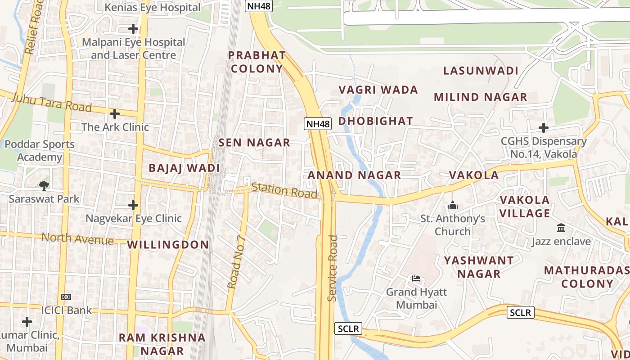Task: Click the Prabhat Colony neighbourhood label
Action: [x=256, y=62]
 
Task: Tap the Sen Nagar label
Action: [x=254, y=143]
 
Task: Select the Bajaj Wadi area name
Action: [x=184, y=168]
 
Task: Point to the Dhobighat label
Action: [x=375, y=121]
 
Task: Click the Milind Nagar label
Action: [x=480, y=97]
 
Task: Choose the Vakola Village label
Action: [x=525, y=207]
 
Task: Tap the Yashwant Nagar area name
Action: [x=479, y=267]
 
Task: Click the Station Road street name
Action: [x=284, y=190]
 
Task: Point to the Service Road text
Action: [x=333, y=268]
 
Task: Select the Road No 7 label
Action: [x=236, y=262]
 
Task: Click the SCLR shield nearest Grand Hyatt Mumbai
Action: [x=348, y=329]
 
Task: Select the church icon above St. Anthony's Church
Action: [x=453, y=206]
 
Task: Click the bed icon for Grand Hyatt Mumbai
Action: [x=416, y=279]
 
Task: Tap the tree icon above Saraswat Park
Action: [x=44, y=185]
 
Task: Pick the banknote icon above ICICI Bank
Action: [x=66, y=297]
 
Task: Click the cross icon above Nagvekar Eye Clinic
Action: [x=133, y=205]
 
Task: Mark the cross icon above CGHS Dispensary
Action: [x=543, y=128]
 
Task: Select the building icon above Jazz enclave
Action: [x=561, y=228]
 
